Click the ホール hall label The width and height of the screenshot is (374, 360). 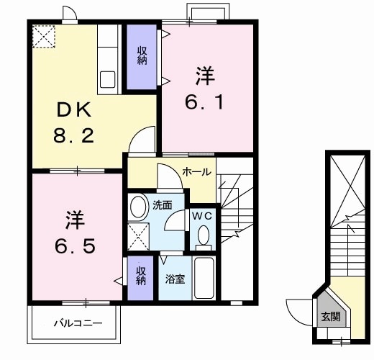[x=196, y=171]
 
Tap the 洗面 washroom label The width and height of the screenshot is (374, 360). [x=163, y=205]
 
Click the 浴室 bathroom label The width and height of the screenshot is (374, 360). [x=175, y=278]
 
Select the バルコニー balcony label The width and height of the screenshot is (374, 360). [x=78, y=323]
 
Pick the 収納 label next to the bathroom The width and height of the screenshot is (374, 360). [x=141, y=276]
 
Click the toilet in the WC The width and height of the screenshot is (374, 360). [x=204, y=235]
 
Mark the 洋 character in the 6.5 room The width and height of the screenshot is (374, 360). [x=74, y=217]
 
